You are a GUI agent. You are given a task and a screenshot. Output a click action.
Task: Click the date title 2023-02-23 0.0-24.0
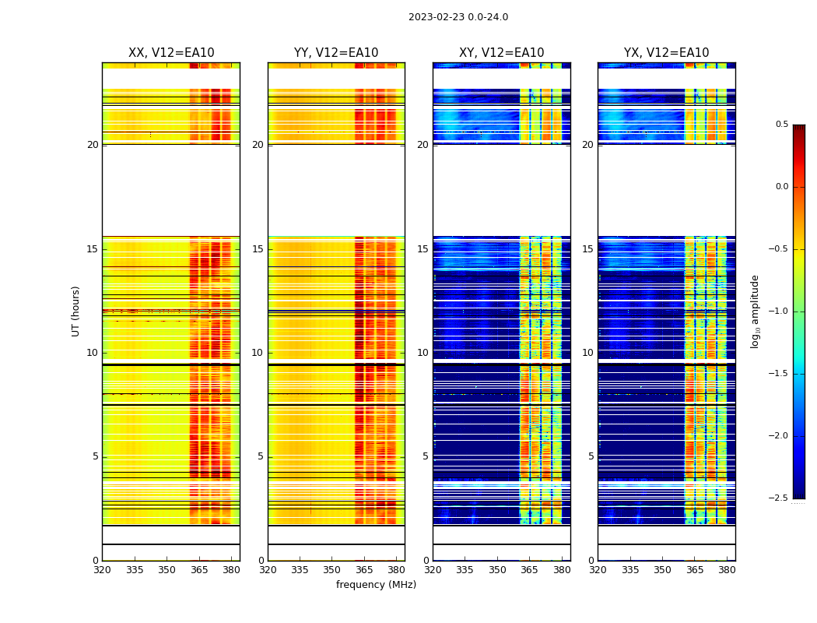[x=458, y=17]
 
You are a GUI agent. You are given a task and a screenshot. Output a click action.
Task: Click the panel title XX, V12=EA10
[x=171, y=53]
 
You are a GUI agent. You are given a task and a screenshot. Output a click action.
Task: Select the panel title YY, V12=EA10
[x=336, y=53]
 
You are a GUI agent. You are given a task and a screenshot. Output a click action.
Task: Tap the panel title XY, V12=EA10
[x=501, y=53]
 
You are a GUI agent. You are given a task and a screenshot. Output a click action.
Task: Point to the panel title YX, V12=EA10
[x=666, y=53]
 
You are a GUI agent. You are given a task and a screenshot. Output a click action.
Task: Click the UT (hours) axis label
[x=76, y=311]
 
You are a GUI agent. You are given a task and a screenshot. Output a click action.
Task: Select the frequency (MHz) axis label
[x=376, y=585]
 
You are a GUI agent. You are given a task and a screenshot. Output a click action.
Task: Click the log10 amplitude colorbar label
[x=755, y=311]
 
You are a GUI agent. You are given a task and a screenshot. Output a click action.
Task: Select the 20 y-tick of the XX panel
[x=93, y=145]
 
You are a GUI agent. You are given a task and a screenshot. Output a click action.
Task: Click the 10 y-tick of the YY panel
[x=258, y=353]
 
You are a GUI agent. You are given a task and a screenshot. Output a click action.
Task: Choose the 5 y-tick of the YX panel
[x=591, y=456]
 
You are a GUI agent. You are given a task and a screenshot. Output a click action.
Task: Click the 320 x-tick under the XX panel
[x=102, y=569]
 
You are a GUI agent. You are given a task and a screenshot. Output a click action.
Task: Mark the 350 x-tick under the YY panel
[x=332, y=569]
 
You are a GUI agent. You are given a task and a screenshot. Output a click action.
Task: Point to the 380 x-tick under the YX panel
[x=727, y=569]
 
